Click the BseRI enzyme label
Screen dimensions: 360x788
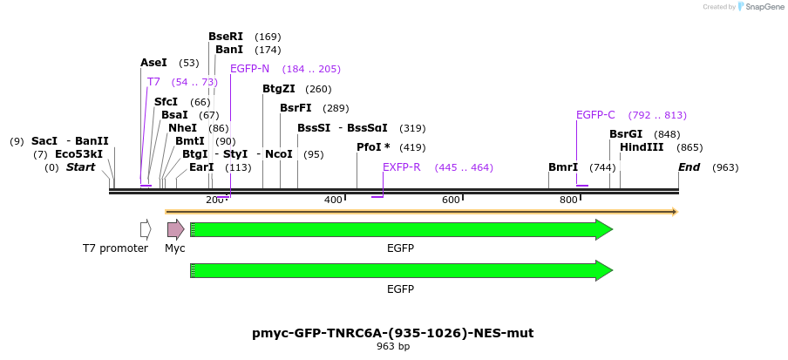tap(226, 37)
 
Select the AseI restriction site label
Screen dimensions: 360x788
tap(153, 63)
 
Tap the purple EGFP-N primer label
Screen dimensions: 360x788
tap(249, 69)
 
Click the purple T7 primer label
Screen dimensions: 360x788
tap(153, 82)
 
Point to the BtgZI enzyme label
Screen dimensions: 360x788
tap(279, 89)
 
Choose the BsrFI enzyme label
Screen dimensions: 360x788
tap(295, 108)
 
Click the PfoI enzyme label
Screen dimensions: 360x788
tap(373, 147)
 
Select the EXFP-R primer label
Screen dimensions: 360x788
tap(402, 167)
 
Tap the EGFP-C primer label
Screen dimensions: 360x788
tap(595, 115)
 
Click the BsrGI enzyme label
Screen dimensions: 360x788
tap(626, 134)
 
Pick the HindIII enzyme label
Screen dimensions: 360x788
tap(642, 147)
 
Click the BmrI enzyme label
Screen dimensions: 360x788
tap(563, 167)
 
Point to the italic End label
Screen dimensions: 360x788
tap(689, 167)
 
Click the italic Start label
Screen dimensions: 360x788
tap(80, 167)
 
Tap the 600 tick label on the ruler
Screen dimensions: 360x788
tap(451, 200)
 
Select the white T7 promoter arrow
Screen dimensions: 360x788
tap(146, 229)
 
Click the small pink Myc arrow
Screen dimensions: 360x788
tap(175, 229)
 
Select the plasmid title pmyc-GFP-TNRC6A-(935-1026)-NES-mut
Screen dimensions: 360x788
tap(393, 333)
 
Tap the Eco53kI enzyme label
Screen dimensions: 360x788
tap(78, 154)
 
